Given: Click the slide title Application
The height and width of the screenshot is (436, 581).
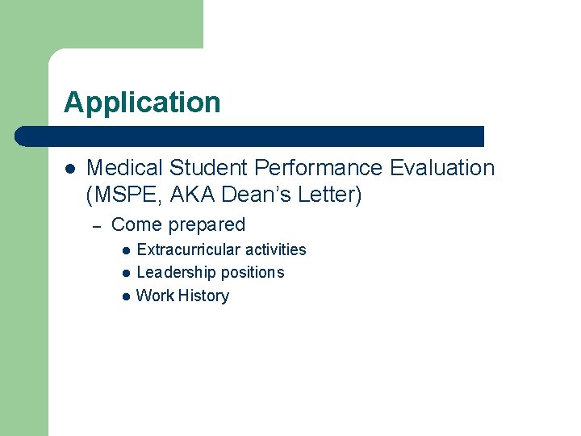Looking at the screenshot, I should pyautogui.click(x=142, y=103).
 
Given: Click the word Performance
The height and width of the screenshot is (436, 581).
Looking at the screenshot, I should pyautogui.click(x=319, y=168).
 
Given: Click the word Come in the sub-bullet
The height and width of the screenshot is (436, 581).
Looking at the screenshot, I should pyautogui.click(x=135, y=225).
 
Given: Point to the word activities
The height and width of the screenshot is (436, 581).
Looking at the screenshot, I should pyautogui.click(x=275, y=250).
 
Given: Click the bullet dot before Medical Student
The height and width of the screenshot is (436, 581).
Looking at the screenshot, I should pyautogui.click(x=69, y=169).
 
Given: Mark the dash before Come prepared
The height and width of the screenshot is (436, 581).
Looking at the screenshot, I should pyautogui.click(x=97, y=226).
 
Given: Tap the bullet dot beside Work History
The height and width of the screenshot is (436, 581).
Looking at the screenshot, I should pyautogui.click(x=126, y=296).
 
